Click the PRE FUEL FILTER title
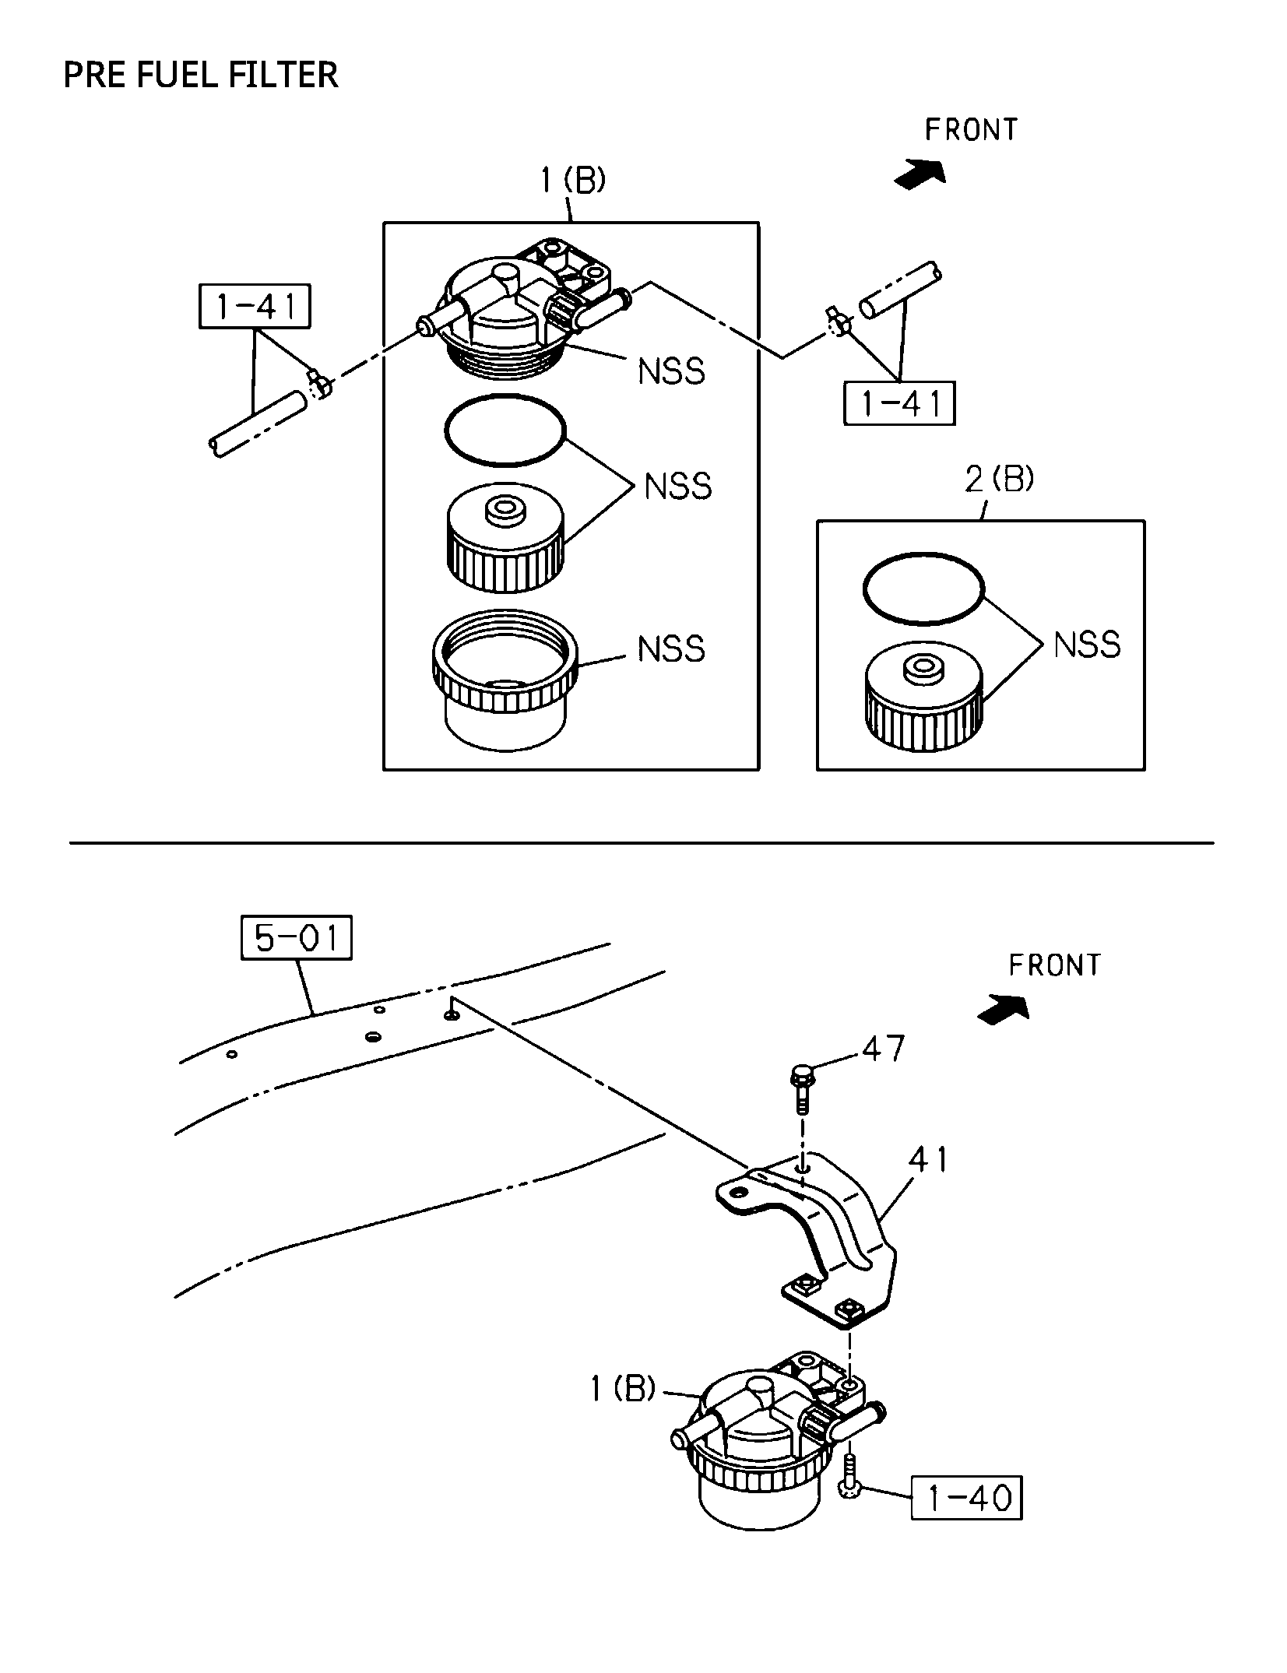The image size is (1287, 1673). [x=201, y=76]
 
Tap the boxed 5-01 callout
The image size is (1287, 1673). [x=296, y=937]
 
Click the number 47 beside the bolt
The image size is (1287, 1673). [x=883, y=1048]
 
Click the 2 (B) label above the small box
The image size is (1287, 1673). [x=1000, y=480]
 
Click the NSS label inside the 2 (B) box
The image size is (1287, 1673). [x=1087, y=645]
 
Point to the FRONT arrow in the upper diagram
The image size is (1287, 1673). [x=920, y=174]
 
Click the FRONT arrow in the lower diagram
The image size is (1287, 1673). [x=1004, y=1010]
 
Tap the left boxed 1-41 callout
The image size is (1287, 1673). [x=255, y=306]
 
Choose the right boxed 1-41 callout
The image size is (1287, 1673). [x=899, y=403]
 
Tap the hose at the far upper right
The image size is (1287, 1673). [x=900, y=290]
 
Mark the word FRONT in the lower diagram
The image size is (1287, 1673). [x=1055, y=965]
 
